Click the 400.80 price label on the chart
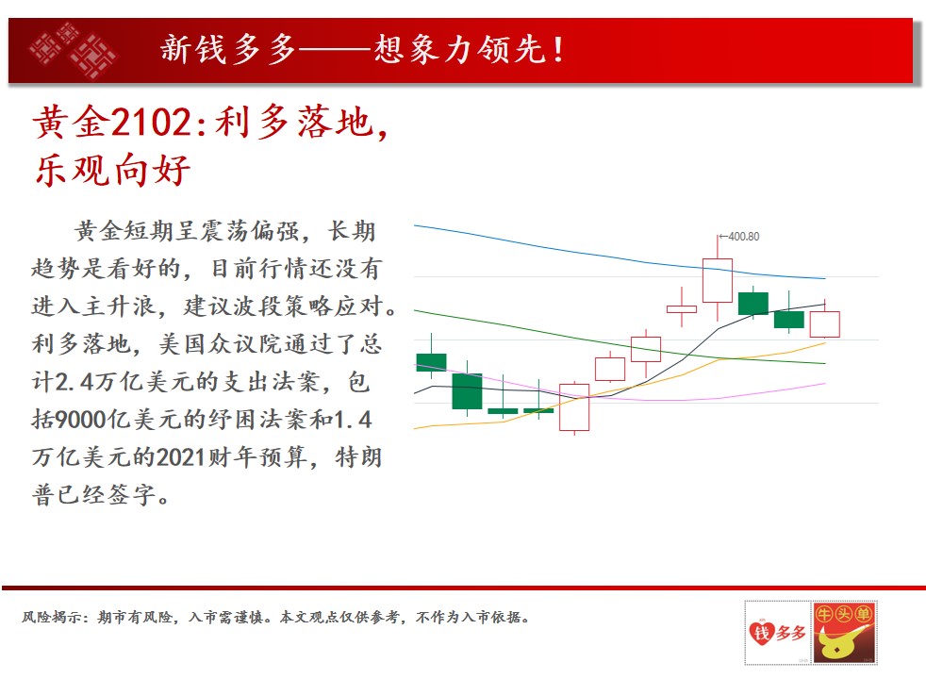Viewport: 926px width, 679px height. point(743,237)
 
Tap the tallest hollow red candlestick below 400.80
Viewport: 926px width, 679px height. point(718,280)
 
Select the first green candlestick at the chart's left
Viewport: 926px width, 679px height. point(431,362)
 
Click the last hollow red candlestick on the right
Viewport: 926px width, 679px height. point(824,324)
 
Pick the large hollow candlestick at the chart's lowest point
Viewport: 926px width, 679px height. point(574,407)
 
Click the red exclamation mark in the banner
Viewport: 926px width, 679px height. point(558,49)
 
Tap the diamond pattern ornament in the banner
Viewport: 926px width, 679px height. point(73,51)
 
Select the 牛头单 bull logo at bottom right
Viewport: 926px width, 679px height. point(845,633)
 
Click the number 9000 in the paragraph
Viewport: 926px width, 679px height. point(81,420)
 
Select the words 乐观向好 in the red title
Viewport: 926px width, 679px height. point(112,170)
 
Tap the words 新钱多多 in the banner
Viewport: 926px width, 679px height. point(228,49)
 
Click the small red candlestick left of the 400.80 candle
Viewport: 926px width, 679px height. point(682,308)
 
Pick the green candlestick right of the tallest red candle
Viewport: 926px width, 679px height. point(753,303)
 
